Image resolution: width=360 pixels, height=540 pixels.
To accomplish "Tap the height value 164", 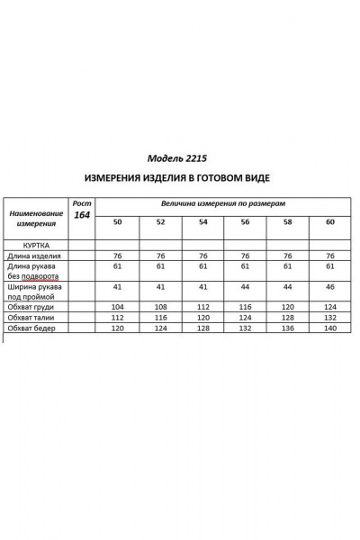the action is point(82,215).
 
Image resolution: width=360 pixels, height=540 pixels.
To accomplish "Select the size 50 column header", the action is point(117,221).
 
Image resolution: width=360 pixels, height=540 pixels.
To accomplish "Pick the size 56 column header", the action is point(244,221).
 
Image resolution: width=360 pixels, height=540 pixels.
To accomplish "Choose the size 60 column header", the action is point(329,221).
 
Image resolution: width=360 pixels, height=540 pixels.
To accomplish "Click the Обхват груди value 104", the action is point(117,307).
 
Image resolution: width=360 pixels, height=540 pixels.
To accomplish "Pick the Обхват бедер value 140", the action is point(329,328).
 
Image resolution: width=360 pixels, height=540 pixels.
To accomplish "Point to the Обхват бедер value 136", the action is point(287,328).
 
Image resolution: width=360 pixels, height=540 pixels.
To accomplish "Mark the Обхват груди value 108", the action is point(160,307).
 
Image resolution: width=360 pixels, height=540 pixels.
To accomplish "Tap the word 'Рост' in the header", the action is point(82,202).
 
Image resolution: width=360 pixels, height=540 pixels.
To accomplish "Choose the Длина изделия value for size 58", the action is point(287,256).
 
